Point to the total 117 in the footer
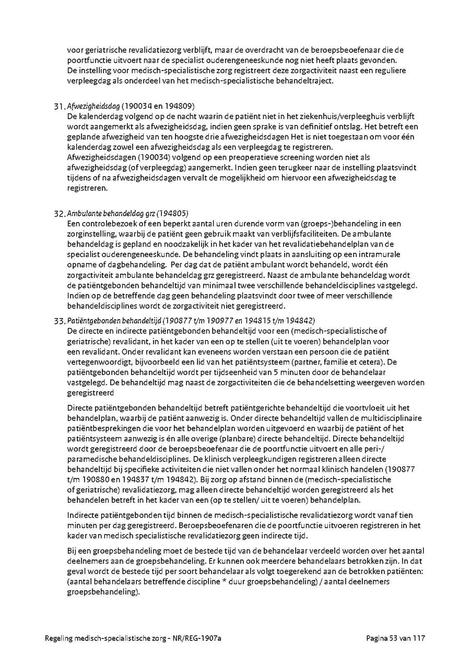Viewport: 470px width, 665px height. [419, 638]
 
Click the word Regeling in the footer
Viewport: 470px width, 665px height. [59, 638]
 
